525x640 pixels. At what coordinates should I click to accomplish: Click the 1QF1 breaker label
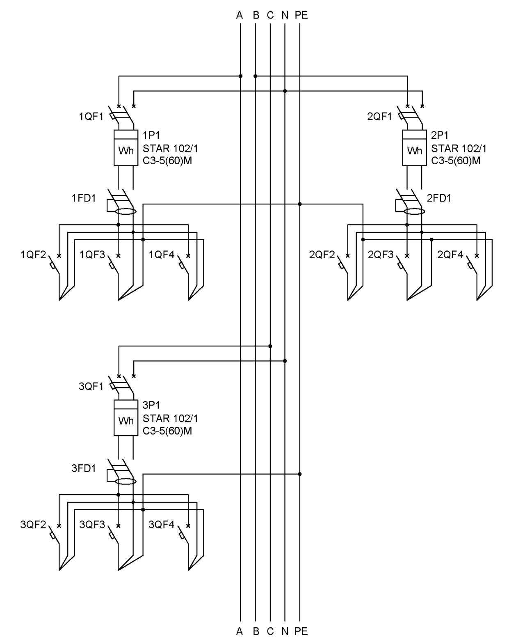91,117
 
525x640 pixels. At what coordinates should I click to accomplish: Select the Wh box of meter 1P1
126,148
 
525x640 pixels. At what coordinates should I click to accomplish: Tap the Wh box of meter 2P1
414,148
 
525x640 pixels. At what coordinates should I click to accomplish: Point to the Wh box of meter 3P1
126,418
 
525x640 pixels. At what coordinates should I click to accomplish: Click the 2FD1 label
438,198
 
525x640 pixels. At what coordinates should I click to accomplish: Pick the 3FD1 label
83,468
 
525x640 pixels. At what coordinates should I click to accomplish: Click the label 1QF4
162,255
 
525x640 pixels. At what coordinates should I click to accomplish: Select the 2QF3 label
380,255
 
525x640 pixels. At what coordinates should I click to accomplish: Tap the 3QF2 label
33,524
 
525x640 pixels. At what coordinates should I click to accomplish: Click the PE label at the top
301,15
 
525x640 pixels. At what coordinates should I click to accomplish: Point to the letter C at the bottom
270,631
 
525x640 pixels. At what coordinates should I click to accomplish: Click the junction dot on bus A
240,76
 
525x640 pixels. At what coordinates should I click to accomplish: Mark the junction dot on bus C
270,346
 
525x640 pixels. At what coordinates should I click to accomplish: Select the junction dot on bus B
255,76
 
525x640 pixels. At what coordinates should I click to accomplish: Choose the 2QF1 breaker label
379,117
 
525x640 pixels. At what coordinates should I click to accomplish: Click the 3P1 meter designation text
151,405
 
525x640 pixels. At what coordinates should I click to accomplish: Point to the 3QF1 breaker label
91,387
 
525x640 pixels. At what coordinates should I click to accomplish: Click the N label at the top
285,15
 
